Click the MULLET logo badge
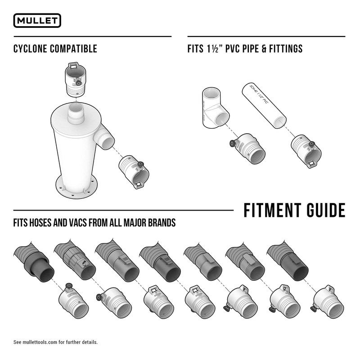tap(37, 21)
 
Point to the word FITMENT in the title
tap(272, 210)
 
